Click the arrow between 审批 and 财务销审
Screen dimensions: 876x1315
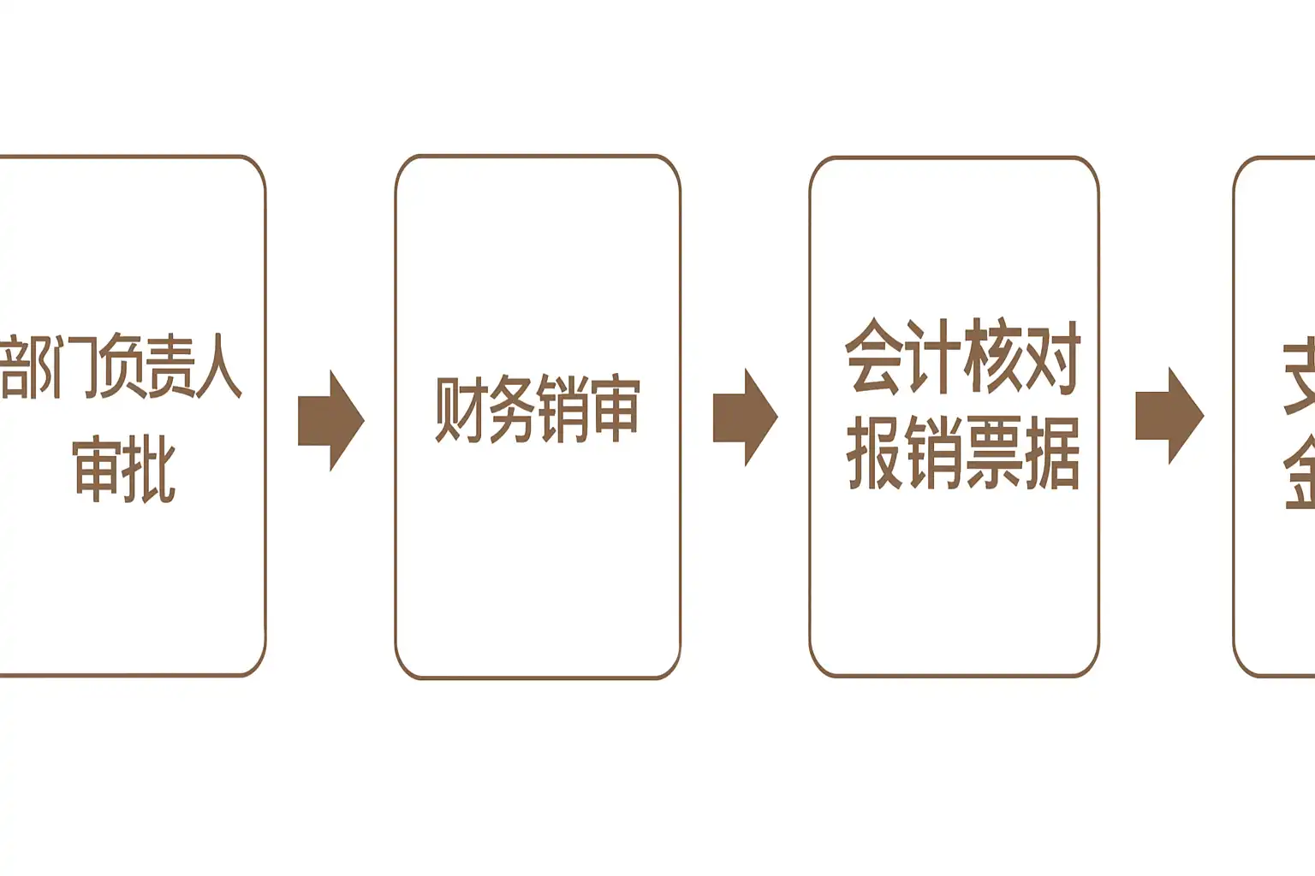(x=330, y=420)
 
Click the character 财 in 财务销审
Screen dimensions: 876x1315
(x=461, y=409)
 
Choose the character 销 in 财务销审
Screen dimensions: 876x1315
(x=563, y=409)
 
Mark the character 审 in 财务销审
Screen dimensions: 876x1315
(x=615, y=409)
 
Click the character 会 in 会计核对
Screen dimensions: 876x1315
(x=874, y=356)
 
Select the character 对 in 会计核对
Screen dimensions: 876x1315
(x=1052, y=356)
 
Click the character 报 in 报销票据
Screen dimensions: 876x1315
(x=874, y=453)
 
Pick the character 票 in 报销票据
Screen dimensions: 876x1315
(x=993, y=453)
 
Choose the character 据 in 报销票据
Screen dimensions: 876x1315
(x=1052, y=453)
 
